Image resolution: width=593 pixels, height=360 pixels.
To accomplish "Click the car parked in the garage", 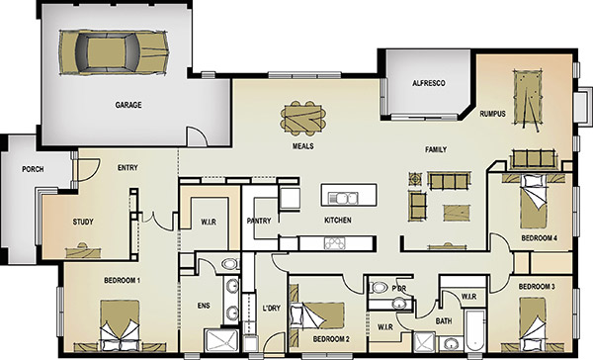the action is (114, 51).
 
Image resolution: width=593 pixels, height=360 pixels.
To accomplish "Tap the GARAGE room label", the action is (128, 105).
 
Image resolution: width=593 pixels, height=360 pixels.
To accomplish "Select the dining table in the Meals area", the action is (303, 118).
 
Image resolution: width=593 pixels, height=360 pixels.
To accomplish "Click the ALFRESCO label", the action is (429, 83).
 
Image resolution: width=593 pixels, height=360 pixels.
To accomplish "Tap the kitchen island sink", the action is (343, 198).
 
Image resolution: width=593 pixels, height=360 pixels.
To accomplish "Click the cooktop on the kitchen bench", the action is (335, 243).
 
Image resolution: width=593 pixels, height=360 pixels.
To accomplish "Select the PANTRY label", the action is (259, 221).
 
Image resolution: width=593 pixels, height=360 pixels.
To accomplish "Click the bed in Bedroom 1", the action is (120, 325).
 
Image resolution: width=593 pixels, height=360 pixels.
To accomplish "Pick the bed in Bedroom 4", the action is (534, 201).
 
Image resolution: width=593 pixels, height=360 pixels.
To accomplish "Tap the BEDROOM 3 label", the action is (537, 287).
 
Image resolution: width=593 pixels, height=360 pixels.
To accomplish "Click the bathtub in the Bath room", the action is (475, 330).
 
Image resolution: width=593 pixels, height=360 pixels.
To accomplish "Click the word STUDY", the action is (83, 222).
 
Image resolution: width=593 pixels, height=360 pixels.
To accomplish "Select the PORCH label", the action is (33, 169).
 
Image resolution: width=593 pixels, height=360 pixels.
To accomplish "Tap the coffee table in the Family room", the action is (458, 213).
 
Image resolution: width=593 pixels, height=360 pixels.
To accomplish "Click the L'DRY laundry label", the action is (272, 309).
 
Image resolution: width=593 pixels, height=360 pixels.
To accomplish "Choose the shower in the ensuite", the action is (221, 340).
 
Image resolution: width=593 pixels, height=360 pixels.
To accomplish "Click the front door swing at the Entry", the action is (89, 170).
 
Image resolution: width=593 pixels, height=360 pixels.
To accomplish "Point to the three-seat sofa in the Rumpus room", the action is (533, 159).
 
